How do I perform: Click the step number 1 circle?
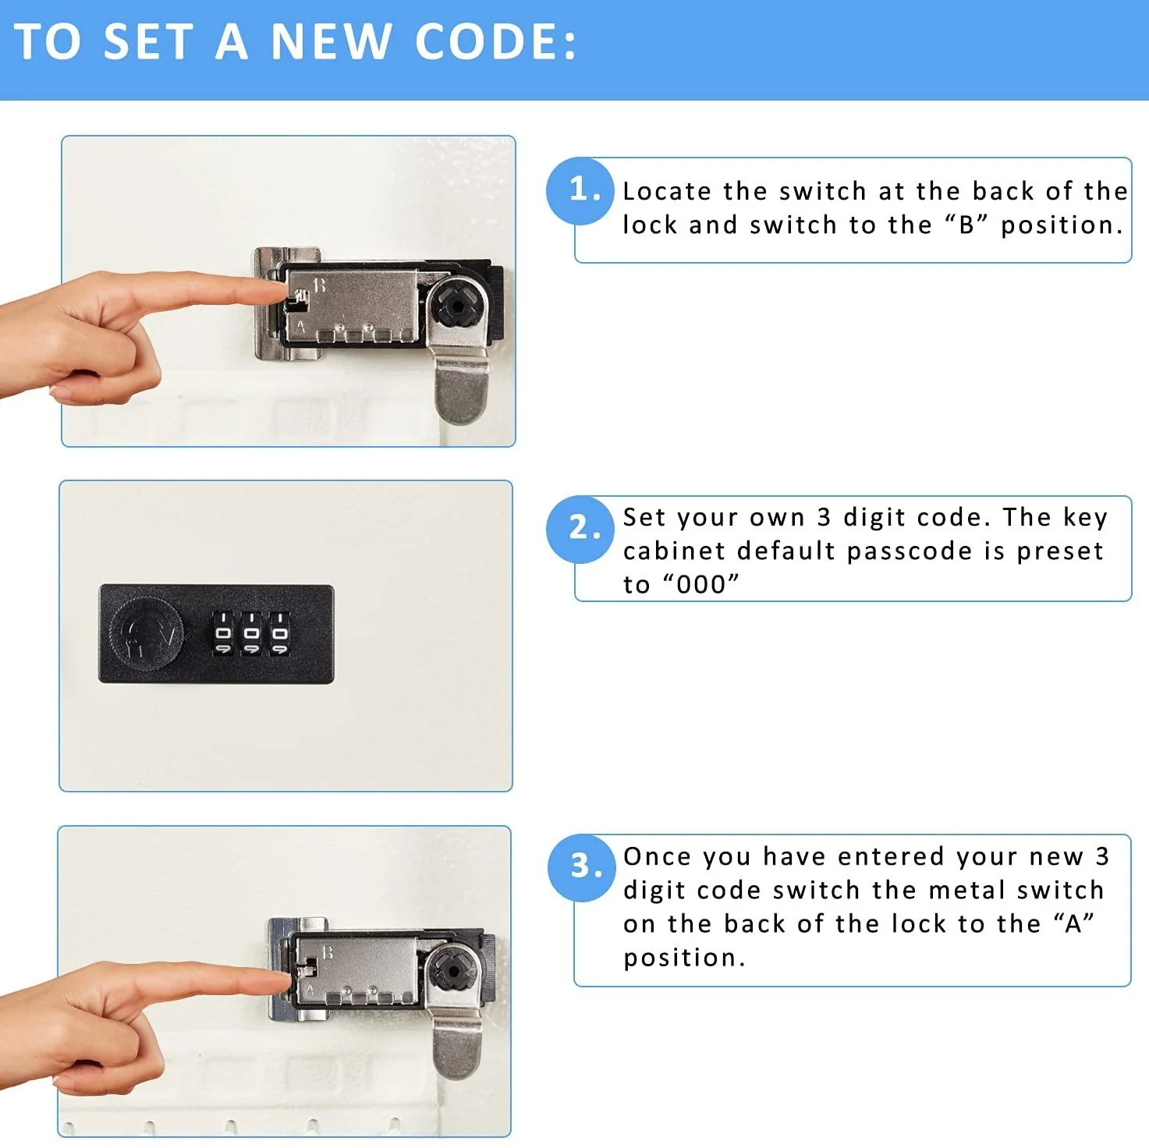580,191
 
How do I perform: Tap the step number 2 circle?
580,529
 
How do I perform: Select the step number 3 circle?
581,867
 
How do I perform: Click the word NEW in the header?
331,42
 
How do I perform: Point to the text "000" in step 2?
700,584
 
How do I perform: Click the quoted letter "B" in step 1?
966,225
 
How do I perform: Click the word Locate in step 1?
667,191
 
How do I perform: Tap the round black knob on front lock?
147,634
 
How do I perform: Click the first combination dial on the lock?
223,633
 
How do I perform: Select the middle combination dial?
251,633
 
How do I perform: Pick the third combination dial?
279,633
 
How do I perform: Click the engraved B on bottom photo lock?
328,952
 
